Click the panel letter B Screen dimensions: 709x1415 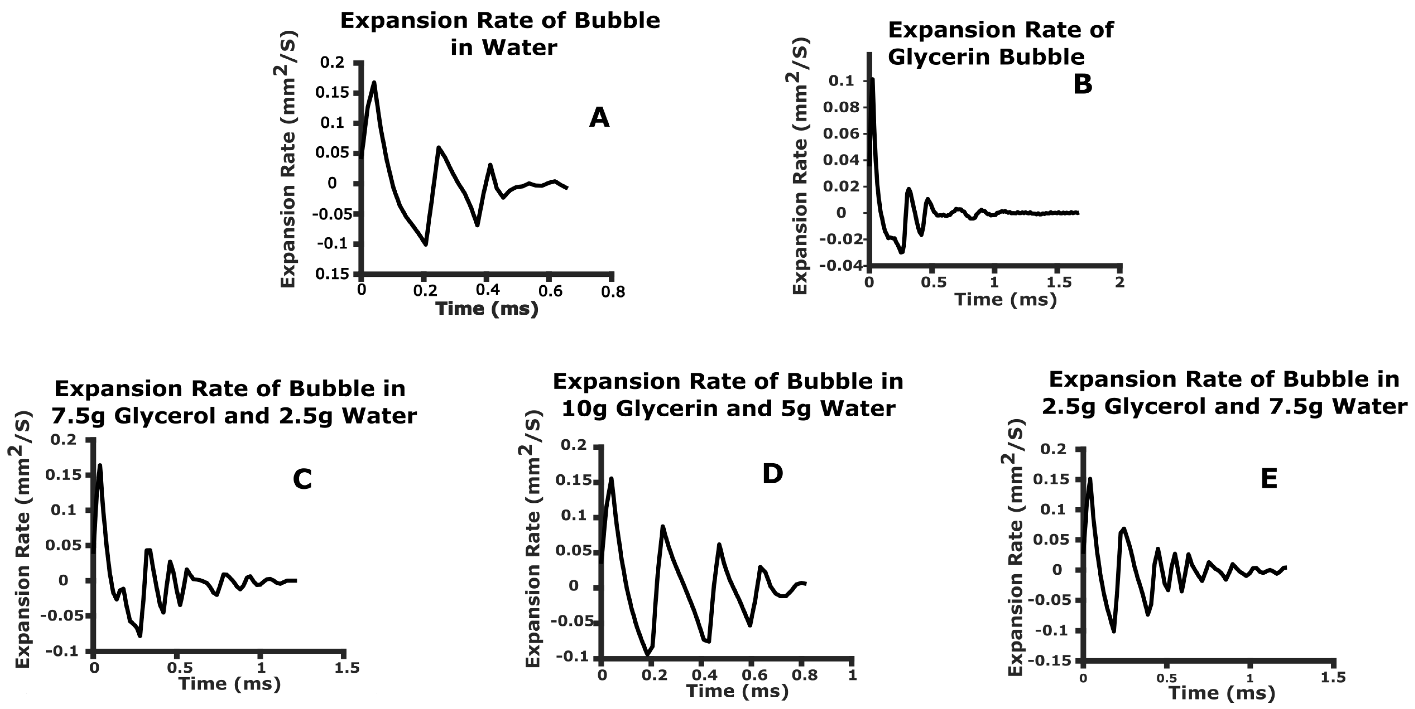pyautogui.click(x=1082, y=84)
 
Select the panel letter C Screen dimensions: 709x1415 pyautogui.click(x=302, y=479)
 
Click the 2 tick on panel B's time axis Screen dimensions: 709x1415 pyautogui.click(x=1119, y=282)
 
